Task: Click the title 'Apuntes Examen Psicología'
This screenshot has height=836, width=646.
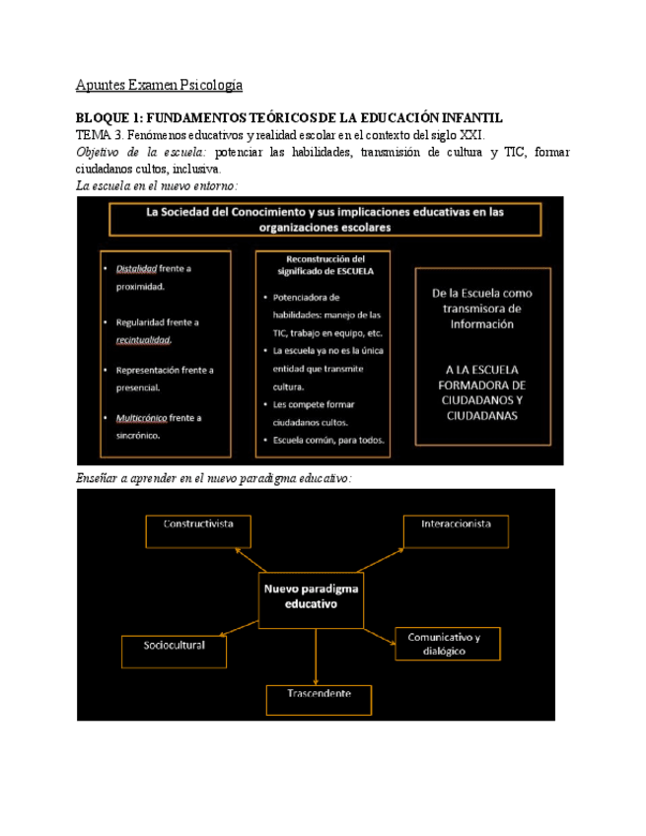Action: point(159,85)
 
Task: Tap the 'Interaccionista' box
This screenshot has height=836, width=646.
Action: point(456,529)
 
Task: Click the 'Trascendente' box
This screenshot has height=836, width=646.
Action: point(319,699)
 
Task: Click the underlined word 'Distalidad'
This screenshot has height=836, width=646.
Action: point(135,267)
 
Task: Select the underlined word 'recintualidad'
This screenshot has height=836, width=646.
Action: point(143,340)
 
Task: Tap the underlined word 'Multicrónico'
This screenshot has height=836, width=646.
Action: point(141,418)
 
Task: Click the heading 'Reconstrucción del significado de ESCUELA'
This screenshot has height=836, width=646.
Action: point(324,263)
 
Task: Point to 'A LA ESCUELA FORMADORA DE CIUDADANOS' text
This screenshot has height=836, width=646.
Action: point(484,392)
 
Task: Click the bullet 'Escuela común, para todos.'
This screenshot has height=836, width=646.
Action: point(329,440)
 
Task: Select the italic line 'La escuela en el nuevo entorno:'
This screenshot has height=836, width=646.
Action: point(157,184)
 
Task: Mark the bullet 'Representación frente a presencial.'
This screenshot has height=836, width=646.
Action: point(163,379)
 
